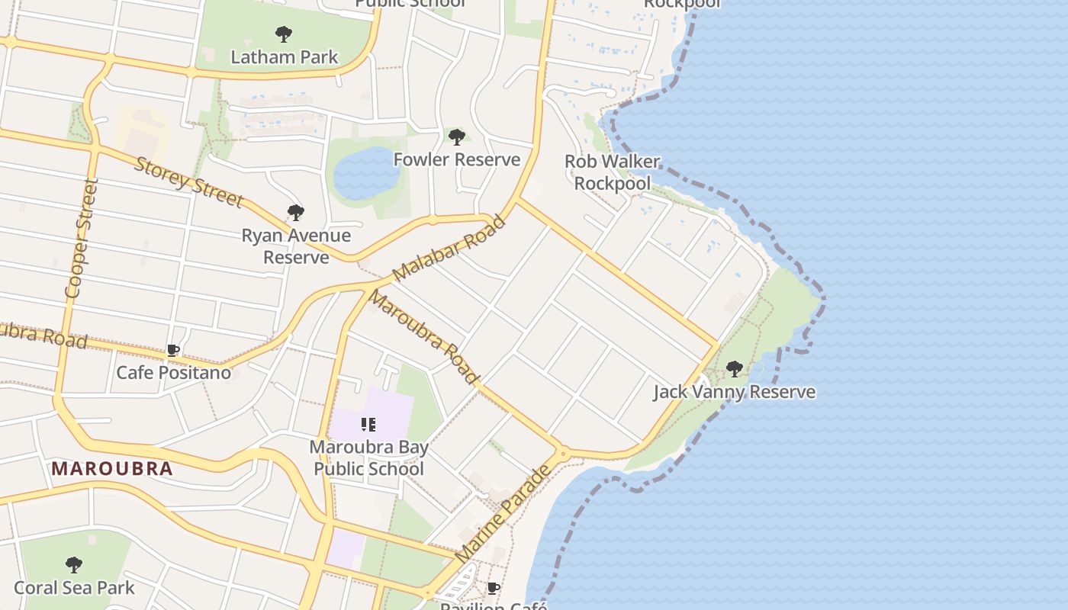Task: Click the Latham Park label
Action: pyautogui.click(x=284, y=57)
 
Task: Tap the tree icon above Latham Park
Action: pyautogui.click(x=284, y=34)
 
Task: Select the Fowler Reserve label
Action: pyautogui.click(x=456, y=159)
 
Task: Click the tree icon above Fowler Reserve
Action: pyautogui.click(x=457, y=137)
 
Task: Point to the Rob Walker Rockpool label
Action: pyautogui.click(x=612, y=172)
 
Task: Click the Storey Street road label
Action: pyautogui.click(x=189, y=181)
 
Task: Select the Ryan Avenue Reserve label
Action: pyautogui.click(x=296, y=246)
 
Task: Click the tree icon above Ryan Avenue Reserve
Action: pyautogui.click(x=296, y=213)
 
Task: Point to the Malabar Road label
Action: pyautogui.click(x=449, y=248)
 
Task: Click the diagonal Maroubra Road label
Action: pyautogui.click(x=423, y=337)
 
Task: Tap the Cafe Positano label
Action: pyautogui.click(x=173, y=373)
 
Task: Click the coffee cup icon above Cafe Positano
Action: pyautogui.click(x=173, y=351)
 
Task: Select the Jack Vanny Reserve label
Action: pyautogui.click(x=734, y=392)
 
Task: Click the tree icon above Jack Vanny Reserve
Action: pyautogui.click(x=735, y=369)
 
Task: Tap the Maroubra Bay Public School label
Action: pyautogui.click(x=368, y=457)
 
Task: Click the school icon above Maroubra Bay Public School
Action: pyautogui.click(x=368, y=425)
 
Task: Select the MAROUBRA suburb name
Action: pyautogui.click(x=113, y=468)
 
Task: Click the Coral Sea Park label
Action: pyautogui.click(x=74, y=587)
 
